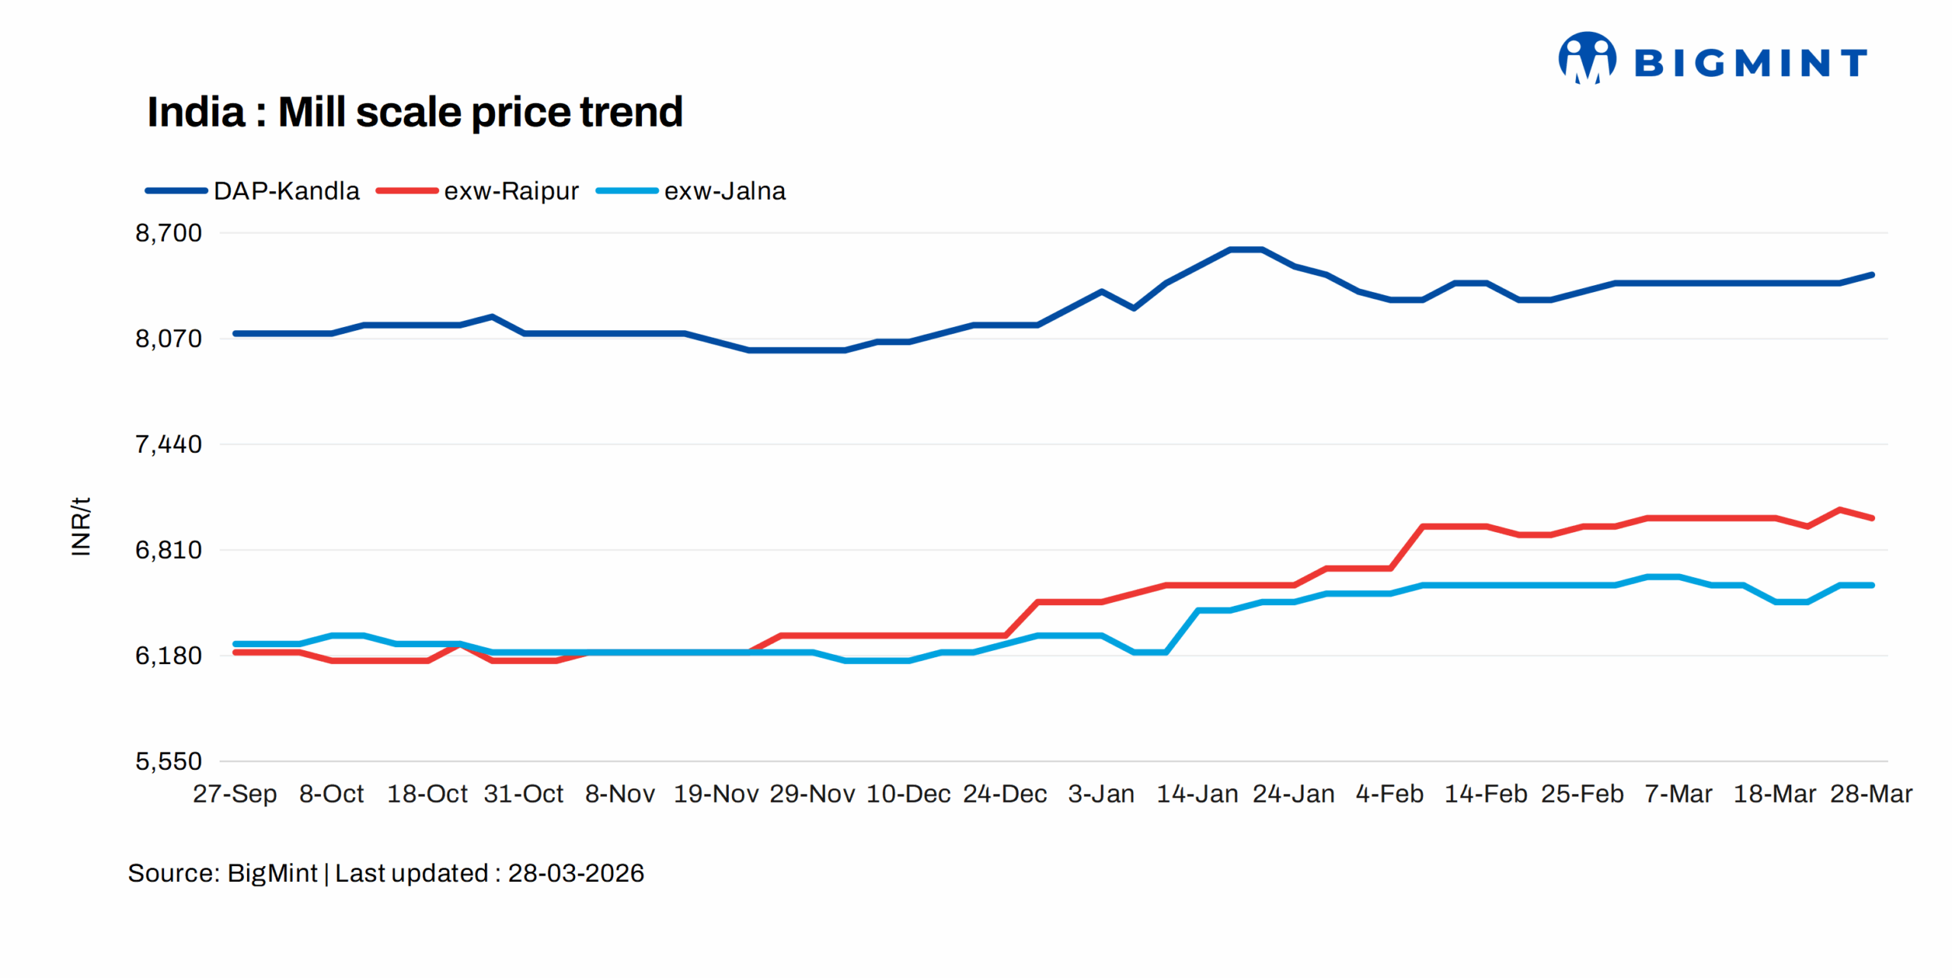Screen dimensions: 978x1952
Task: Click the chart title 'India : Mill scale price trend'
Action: point(414,112)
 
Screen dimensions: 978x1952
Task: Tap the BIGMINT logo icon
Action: point(1586,58)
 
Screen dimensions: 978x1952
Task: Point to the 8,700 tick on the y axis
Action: point(169,233)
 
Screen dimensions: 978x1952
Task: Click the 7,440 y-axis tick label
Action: point(169,444)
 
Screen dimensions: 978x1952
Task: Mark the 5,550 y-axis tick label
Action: point(169,761)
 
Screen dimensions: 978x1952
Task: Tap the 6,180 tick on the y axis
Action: point(169,656)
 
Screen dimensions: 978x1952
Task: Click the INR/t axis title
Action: point(81,526)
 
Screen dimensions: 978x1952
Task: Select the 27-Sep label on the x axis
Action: point(235,794)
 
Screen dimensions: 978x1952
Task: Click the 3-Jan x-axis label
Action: point(1101,794)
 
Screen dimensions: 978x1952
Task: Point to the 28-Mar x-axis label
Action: point(1871,794)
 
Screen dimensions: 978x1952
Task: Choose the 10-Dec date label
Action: point(908,794)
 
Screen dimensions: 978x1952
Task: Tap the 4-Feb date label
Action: point(1389,794)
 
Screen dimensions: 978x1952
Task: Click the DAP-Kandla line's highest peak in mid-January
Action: point(1246,249)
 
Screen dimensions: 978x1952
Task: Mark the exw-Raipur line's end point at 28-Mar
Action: point(1872,518)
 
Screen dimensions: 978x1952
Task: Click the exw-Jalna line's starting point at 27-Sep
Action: point(236,644)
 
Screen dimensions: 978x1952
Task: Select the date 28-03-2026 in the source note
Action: point(576,873)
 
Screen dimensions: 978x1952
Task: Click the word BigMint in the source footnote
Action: point(271,873)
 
